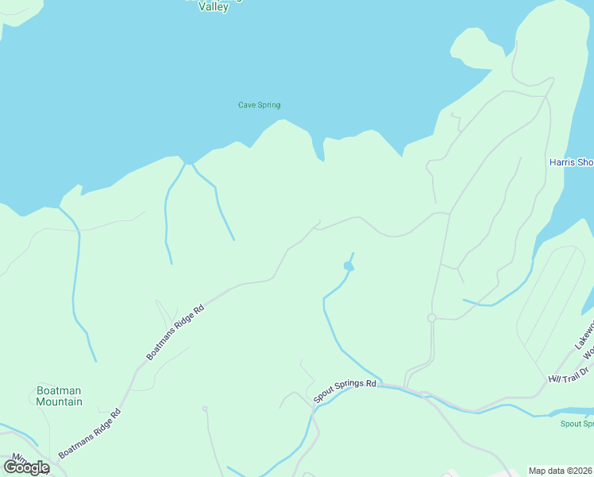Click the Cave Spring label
[x=259, y=105]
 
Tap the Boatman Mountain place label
[x=60, y=396]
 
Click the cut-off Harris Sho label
[x=571, y=162]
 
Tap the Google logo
[x=26, y=467]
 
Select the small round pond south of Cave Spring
[x=347, y=266]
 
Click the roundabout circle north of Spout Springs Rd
[x=432, y=318]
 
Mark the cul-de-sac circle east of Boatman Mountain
[x=204, y=409]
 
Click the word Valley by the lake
[x=213, y=7]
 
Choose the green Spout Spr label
[x=577, y=424]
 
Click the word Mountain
[x=60, y=401]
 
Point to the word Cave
[x=247, y=105]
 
